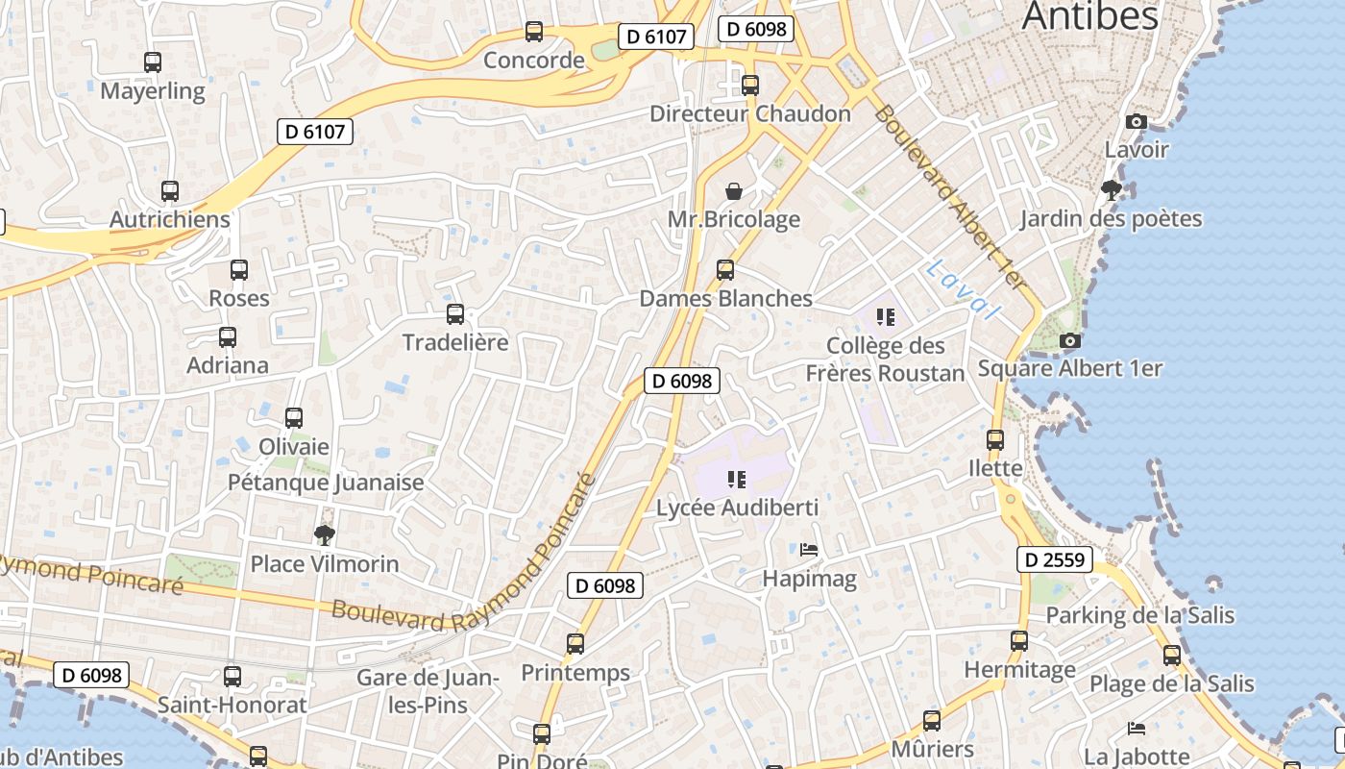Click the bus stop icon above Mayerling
pyautogui.click(x=152, y=62)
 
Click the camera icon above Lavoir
pyautogui.click(x=1136, y=121)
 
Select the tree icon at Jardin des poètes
pyautogui.click(x=1112, y=189)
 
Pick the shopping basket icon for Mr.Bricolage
pyautogui.click(x=734, y=190)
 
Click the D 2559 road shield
pyautogui.click(x=1054, y=559)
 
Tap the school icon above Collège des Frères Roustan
pyautogui.click(x=886, y=316)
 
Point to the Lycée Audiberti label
pyautogui.click(x=737, y=507)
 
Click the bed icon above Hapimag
pyautogui.click(x=809, y=550)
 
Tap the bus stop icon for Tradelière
pyautogui.click(x=455, y=313)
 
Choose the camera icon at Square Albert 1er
pyautogui.click(x=1069, y=340)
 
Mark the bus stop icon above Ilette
pyautogui.click(x=995, y=440)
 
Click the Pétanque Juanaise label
pyautogui.click(x=326, y=483)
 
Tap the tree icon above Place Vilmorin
pyautogui.click(x=325, y=534)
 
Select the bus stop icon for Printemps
pyautogui.click(x=575, y=644)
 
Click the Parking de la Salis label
pyautogui.click(x=1139, y=615)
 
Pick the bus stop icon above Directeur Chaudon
pyautogui.click(x=750, y=85)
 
